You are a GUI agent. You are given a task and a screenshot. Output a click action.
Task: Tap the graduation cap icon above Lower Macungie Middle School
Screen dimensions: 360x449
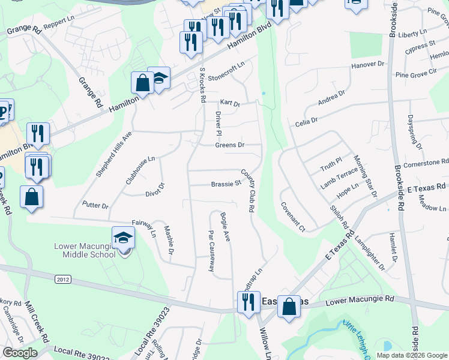pyautogui.click(x=123, y=238)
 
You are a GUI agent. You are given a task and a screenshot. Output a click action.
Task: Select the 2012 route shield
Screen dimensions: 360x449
pyautogui.click(x=62, y=280)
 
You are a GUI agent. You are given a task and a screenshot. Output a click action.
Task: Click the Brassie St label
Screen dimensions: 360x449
pyautogui.click(x=226, y=184)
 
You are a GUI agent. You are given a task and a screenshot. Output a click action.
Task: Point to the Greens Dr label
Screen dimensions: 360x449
pyautogui.click(x=230, y=145)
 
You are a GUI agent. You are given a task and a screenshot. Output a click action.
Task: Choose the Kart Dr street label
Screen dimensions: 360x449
pyautogui.click(x=230, y=103)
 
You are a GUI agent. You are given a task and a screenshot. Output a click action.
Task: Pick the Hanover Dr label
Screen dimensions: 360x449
pyautogui.click(x=367, y=64)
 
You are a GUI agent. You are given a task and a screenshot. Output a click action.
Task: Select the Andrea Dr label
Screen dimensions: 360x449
pyautogui.click(x=332, y=98)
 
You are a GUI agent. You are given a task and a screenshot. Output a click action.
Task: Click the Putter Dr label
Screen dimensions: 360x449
pyautogui.click(x=95, y=205)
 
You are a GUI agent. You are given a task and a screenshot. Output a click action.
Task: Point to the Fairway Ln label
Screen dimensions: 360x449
pyautogui.click(x=143, y=227)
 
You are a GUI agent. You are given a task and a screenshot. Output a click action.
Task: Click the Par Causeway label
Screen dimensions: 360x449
pyautogui.click(x=211, y=250)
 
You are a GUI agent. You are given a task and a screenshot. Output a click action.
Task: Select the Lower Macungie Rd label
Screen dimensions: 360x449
pyautogui.click(x=360, y=298)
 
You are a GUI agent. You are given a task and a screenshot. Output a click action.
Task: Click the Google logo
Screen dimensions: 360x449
pyautogui.click(x=20, y=353)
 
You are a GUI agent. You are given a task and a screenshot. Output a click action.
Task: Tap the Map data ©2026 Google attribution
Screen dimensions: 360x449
pyautogui.click(x=411, y=355)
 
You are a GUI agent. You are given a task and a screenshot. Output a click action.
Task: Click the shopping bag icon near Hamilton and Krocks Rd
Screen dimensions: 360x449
pyautogui.click(x=143, y=83)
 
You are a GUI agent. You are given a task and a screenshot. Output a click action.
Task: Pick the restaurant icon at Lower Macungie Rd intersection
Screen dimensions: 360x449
pyautogui.click(x=248, y=302)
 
